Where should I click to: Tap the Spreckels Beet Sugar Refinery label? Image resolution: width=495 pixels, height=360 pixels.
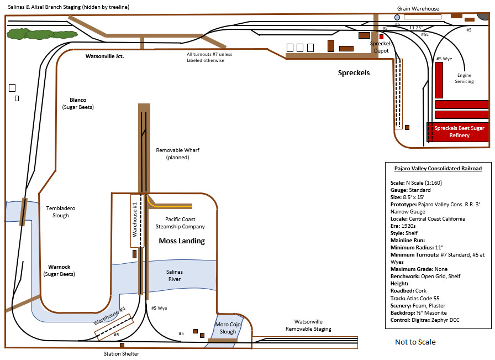pyautogui.click(x=459, y=132)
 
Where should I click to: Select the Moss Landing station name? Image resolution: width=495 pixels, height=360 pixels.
pyautogui.click(x=182, y=241)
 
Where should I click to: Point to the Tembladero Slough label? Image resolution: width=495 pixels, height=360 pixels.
pyautogui.click(x=61, y=212)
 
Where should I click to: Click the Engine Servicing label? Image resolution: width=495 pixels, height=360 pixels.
pyautogui.click(x=464, y=78)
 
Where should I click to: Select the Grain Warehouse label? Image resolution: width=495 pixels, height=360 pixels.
pyautogui.click(x=418, y=8)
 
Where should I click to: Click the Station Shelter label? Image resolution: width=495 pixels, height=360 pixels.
pyautogui.click(x=122, y=354)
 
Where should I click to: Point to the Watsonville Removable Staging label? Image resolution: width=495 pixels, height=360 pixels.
pyautogui.click(x=308, y=325)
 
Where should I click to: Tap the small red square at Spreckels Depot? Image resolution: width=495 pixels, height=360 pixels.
pyautogui.click(x=381, y=36)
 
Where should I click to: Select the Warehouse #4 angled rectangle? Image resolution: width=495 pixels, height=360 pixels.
pyautogui.click(x=114, y=327)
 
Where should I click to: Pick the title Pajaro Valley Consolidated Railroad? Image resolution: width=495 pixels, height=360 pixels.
pyautogui.click(x=438, y=169)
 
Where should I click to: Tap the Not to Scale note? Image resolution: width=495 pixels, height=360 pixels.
pyautogui.click(x=415, y=342)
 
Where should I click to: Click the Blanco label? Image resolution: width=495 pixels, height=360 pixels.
pyautogui.click(x=78, y=100)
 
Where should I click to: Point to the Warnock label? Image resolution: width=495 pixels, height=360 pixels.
pyautogui.click(x=59, y=267)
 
